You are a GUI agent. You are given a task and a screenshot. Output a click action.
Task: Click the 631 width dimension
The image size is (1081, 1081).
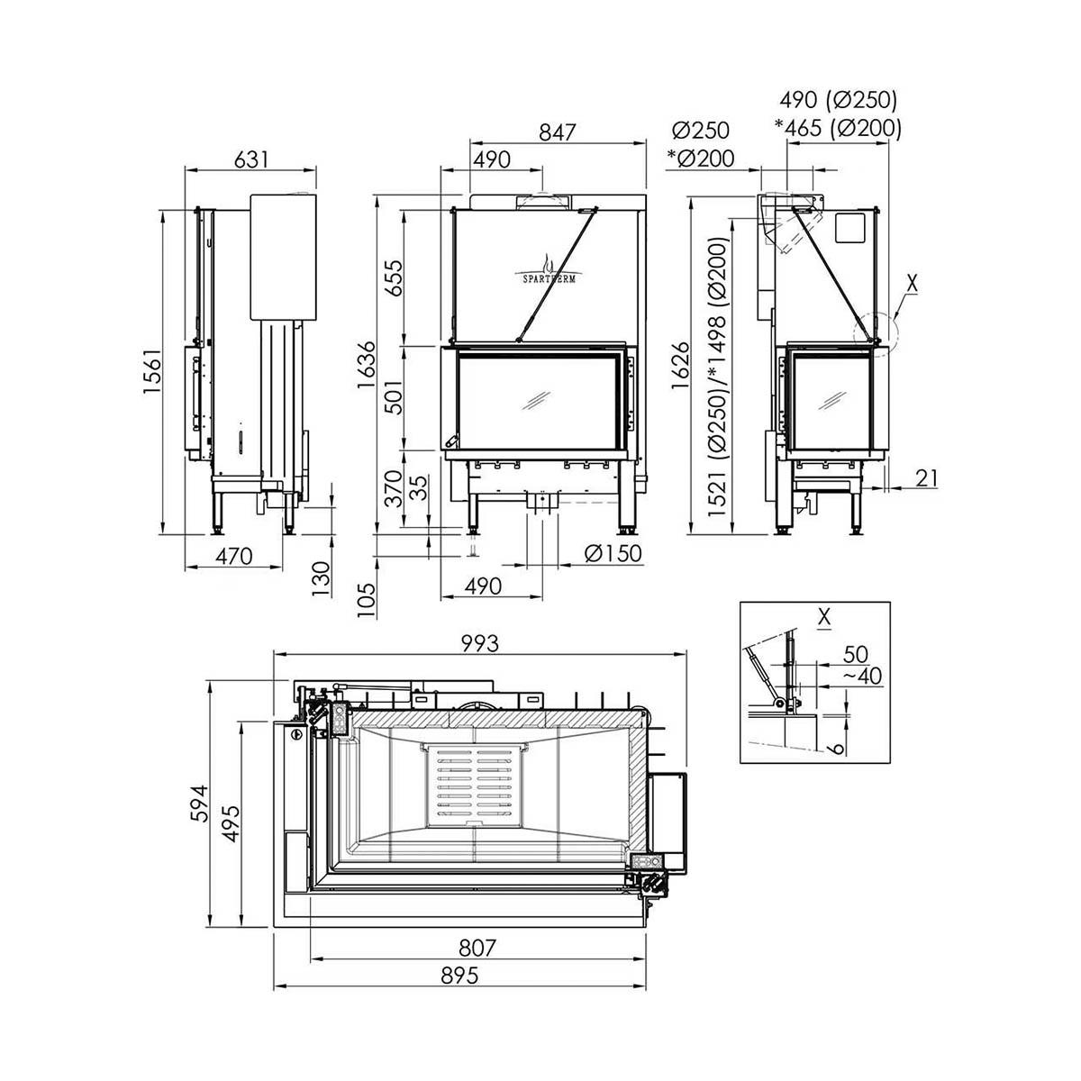coord(251,159)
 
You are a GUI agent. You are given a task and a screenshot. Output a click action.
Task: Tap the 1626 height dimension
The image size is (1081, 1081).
coord(681,364)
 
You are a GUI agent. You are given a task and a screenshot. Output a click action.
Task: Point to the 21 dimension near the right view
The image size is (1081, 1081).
coord(925,478)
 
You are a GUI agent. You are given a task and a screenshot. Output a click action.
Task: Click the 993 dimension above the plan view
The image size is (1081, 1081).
coord(480,643)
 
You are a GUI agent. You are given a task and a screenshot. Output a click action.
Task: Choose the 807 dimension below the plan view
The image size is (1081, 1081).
coord(477,949)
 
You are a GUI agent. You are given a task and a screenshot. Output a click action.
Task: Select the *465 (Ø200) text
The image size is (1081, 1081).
coord(837,128)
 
